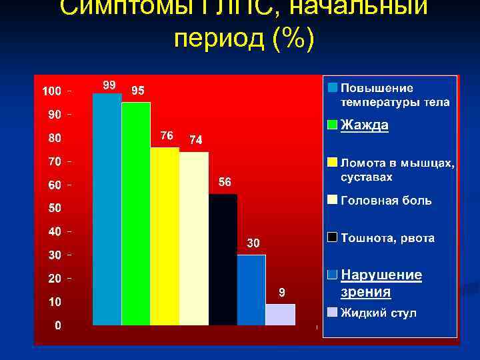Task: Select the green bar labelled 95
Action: [136, 213]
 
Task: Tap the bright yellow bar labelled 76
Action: [165, 236]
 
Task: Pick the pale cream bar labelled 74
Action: [194, 239]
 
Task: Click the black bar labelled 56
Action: [223, 259]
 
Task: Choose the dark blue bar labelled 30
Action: [251, 289]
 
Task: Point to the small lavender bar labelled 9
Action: [280, 315]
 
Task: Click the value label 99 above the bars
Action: [109, 85]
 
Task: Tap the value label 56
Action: [225, 182]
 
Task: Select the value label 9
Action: [282, 292]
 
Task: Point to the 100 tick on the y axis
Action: [51, 90]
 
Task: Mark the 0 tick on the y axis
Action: [59, 325]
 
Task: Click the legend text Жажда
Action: [365, 125]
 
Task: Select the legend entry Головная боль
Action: [386, 200]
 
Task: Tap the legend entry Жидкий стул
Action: [379, 313]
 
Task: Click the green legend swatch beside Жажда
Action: [332, 125]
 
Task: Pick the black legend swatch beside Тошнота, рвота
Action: [332, 237]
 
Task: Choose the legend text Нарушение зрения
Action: [381, 283]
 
